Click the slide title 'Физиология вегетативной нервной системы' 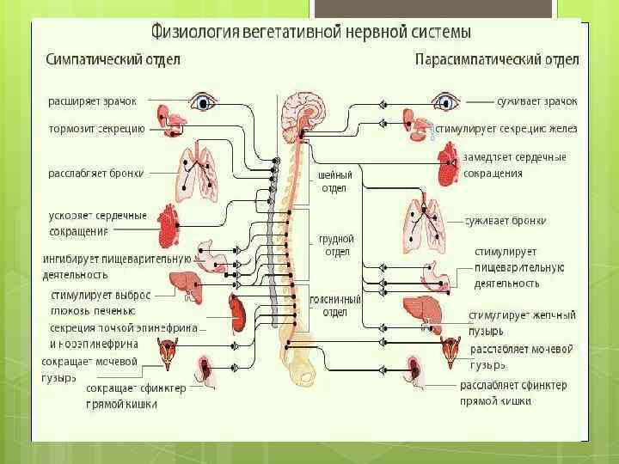(310, 34)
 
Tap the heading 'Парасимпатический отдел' (497, 61)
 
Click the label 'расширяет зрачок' (92, 101)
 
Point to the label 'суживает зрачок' (537, 101)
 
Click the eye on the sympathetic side (203, 102)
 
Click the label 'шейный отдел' (334, 182)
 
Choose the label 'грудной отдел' (336, 245)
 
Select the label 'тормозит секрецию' (95, 131)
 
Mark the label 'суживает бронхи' (506, 221)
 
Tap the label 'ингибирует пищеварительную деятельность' (117, 266)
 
